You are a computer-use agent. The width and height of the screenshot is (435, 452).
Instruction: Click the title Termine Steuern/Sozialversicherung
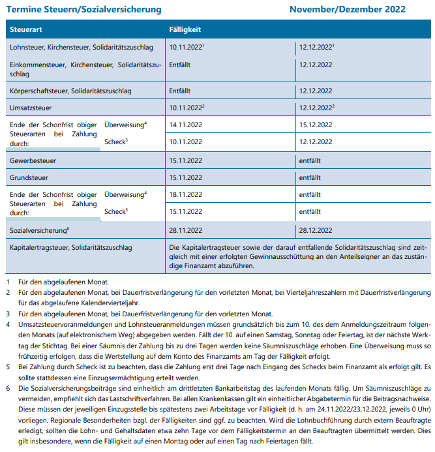click(x=83, y=10)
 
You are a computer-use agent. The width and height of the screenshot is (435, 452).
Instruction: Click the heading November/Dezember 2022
click(x=347, y=10)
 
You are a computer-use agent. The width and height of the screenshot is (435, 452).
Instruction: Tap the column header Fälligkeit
click(x=185, y=30)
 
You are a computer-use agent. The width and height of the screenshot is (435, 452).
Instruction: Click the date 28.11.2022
click(x=185, y=230)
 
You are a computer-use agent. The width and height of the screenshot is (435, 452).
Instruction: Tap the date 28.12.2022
click(x=316, y=230)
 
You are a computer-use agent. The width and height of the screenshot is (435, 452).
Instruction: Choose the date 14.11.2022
click(x=185, y=124)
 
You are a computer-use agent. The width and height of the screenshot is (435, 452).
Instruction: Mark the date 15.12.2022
click(x=316, y=124)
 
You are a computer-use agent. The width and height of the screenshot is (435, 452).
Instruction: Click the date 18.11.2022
click(x=185, y=194)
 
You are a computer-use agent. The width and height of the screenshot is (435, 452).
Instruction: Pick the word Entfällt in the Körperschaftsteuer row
click(x=179, y=90)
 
